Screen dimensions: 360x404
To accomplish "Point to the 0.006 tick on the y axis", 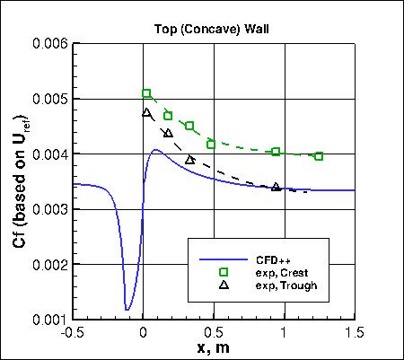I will click(51, 43).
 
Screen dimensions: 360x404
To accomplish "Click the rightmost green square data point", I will click(319, 156).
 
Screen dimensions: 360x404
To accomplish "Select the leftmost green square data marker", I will click(147, 93).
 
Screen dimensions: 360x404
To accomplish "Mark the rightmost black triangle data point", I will click(276, 187).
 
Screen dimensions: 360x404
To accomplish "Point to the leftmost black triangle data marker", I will click(147, 112).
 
